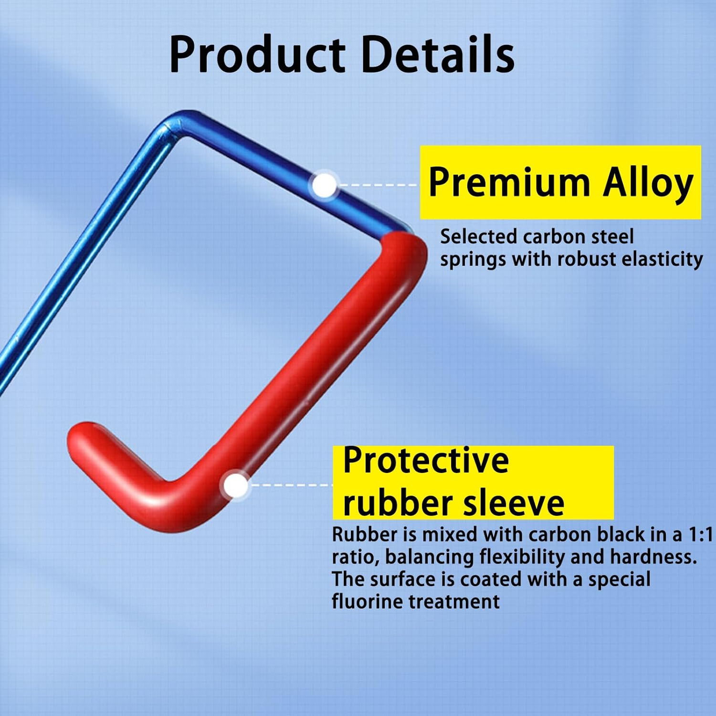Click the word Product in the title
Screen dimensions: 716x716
[257, 54]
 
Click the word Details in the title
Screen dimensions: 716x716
[438, 53]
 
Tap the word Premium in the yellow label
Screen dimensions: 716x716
[509, 182]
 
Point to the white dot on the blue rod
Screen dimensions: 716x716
[325, 185]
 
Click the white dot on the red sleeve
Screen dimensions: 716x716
[236, 485]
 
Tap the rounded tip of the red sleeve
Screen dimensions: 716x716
[79, 437]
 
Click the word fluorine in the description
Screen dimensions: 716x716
[367, 601]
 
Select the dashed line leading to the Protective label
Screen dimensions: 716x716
[291, 485]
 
